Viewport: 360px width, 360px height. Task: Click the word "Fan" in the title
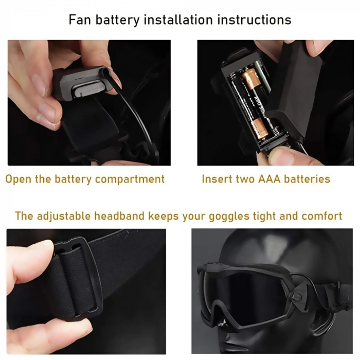tap(81, 20)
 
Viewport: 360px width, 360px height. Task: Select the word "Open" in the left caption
tap(20, 179)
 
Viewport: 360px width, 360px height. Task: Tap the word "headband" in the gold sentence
tap(119, 215)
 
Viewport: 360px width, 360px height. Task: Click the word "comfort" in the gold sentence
tap(322, 215)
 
